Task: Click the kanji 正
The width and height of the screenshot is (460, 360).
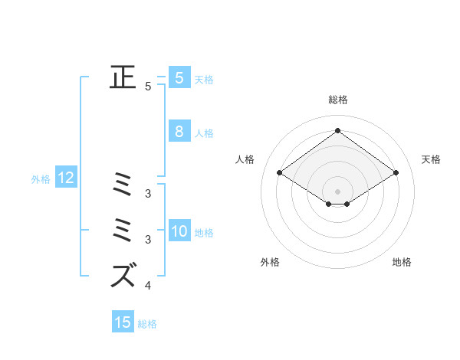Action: tap(123, 78)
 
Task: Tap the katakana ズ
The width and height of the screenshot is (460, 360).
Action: tap(123, 275)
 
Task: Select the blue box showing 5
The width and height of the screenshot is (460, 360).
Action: tap(179, 78)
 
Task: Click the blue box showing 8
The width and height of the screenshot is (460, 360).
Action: tap(179, 132)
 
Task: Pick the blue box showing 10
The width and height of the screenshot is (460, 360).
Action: tap(179, 231)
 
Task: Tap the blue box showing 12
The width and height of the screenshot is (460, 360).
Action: tap(66, 178)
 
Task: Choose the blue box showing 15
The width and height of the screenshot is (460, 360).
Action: tap(123, 322)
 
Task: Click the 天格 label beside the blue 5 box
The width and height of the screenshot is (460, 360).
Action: tap(204, 79)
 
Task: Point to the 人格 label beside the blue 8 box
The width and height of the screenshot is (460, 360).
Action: tap(204, 133)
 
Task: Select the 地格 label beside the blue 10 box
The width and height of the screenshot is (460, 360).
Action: tap(204, 232)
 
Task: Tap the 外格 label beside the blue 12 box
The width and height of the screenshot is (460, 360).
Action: tap(41, 179)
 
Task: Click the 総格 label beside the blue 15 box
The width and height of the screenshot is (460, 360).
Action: tap(147, 323)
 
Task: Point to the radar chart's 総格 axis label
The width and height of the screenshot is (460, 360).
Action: tap(337, 100)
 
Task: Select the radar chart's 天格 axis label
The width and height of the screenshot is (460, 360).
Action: tap(431, 159)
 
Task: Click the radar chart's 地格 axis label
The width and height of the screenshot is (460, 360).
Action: tap(402, 262)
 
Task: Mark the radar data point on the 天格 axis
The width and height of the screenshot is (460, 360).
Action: tap(396, 173)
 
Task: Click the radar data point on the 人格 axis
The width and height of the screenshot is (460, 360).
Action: tap(280, 173)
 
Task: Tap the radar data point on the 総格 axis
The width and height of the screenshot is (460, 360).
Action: tap(337, 130)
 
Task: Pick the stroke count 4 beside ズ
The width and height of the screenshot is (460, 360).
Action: tap(148, 286)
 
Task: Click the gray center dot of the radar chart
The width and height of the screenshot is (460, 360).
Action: tap(337, 191)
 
